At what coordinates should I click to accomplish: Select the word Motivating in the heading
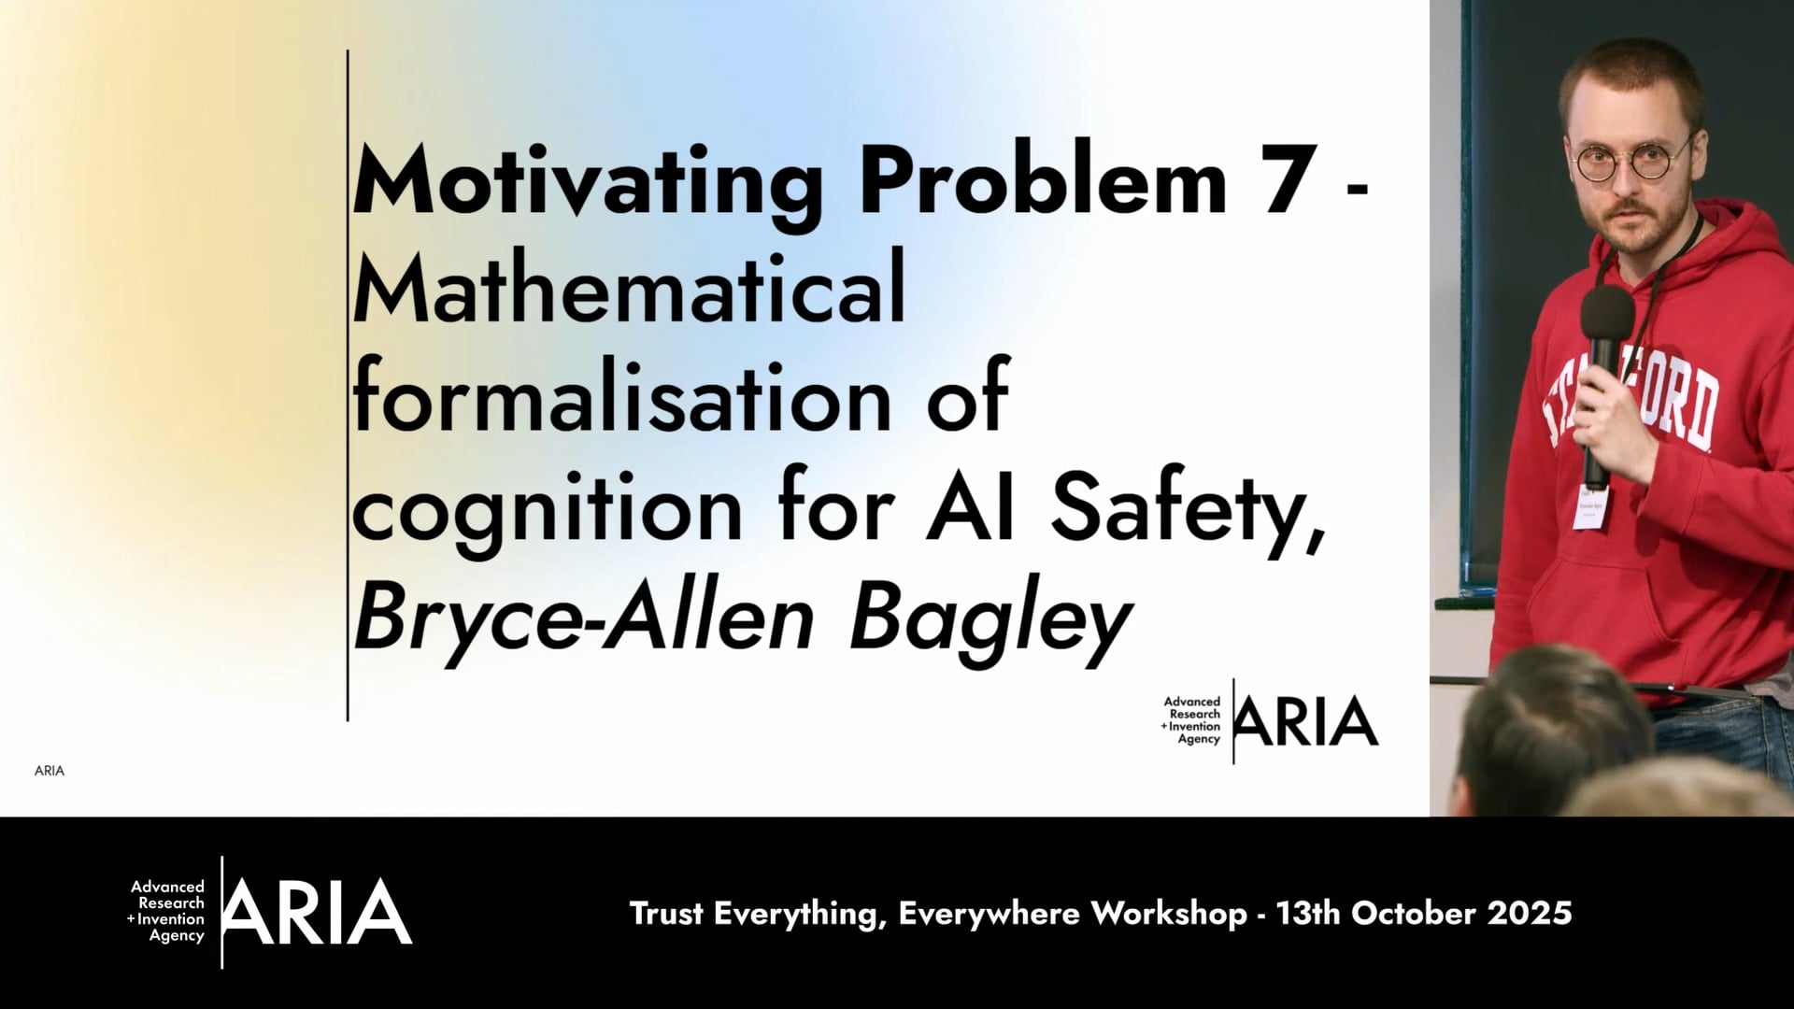pos(587,182)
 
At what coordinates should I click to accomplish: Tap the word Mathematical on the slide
pos(629,291)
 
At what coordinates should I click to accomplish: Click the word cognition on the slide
pos(548,512)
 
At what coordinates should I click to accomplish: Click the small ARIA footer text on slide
pos(50,771)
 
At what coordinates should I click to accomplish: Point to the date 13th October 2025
pos(1424,913)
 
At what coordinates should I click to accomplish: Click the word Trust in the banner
pos(666,913)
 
